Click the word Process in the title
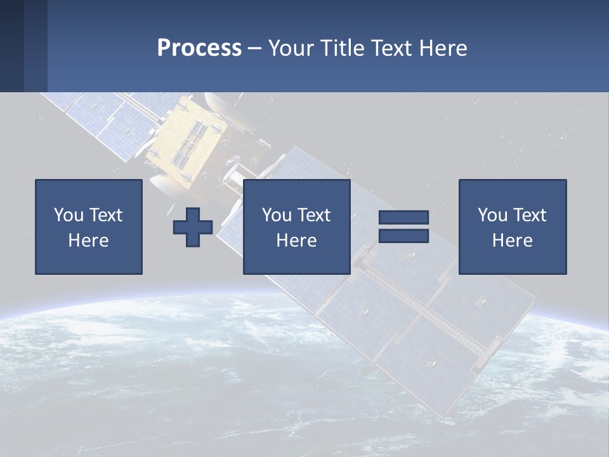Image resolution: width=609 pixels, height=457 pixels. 199,48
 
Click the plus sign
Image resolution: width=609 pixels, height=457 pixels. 193,227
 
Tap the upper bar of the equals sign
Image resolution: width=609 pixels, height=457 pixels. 403,217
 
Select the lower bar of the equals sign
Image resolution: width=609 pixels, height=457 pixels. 403,236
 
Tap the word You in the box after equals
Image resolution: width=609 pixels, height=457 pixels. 492,215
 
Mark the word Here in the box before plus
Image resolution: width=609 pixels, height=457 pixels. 89,241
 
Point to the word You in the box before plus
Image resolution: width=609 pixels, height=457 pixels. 69,215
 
